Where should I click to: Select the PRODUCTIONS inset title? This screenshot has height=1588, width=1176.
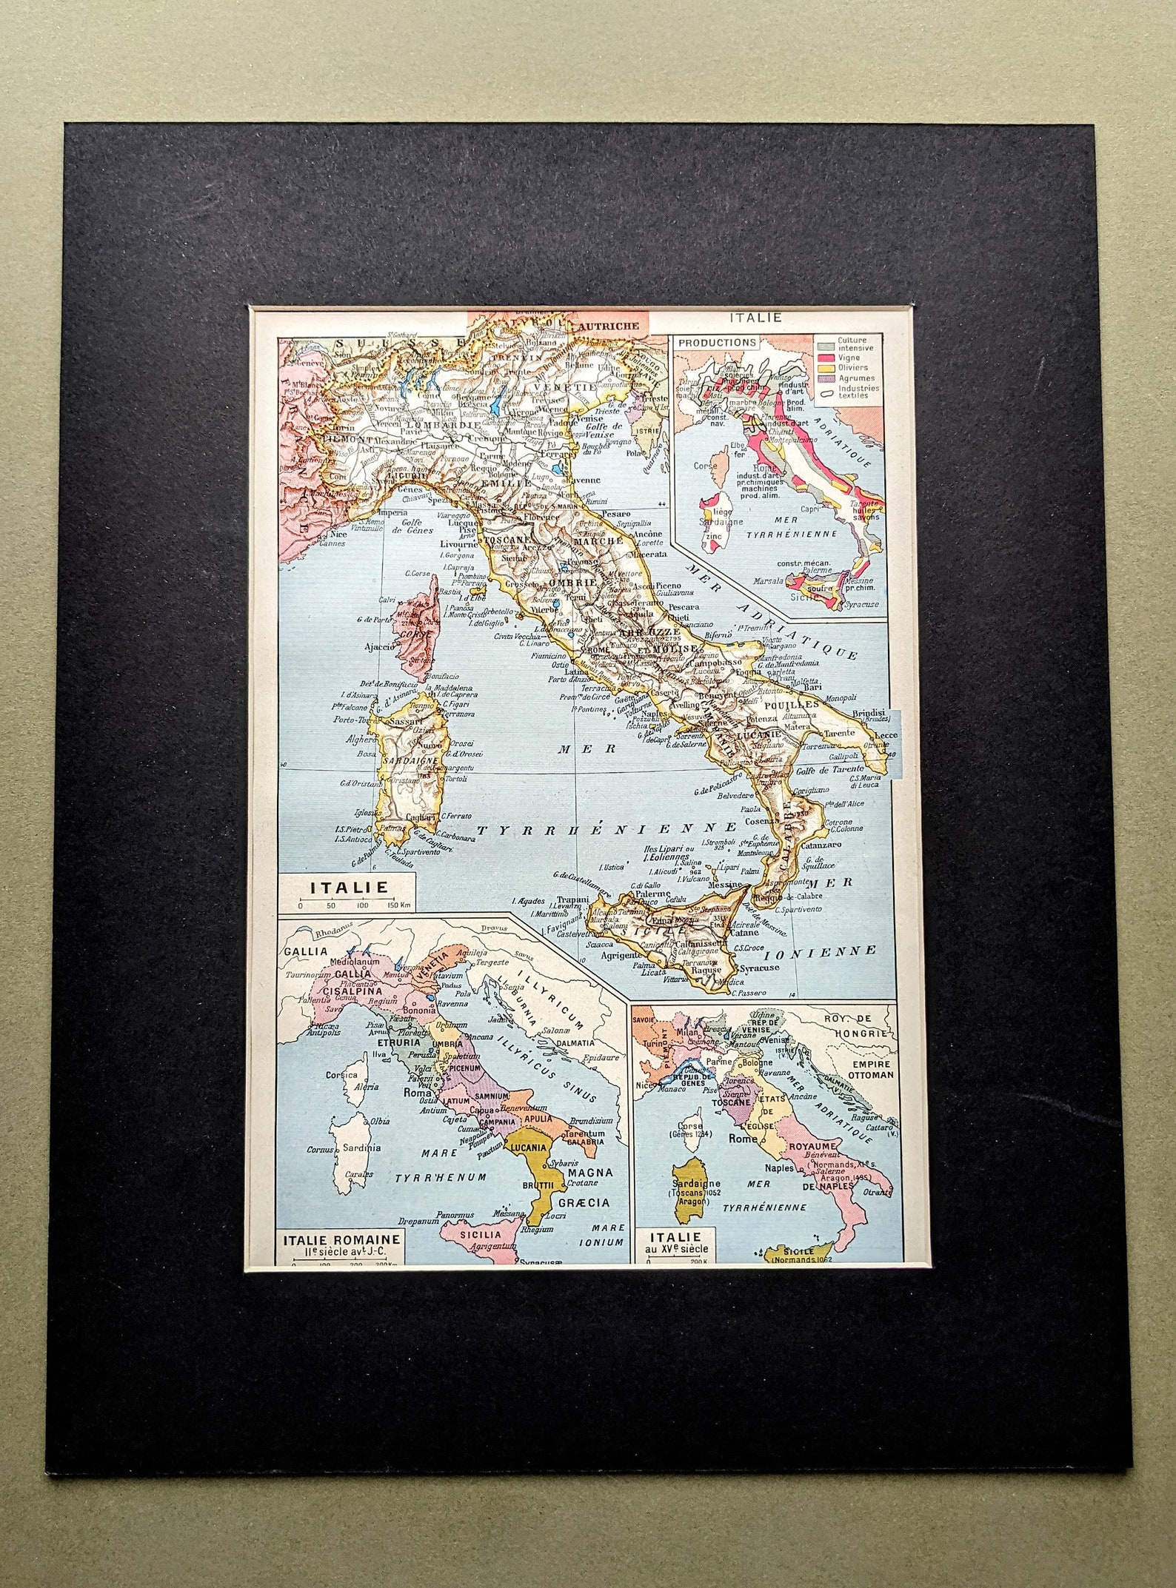coord(717,343)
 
